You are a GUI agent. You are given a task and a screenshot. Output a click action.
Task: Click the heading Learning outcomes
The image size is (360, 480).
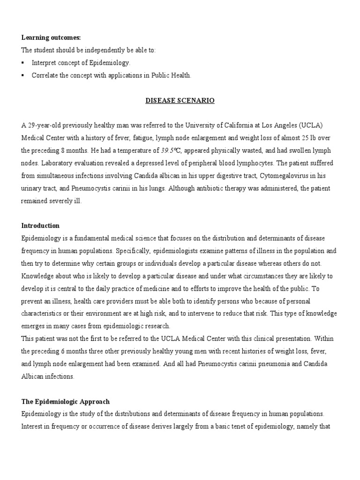coord(44,37)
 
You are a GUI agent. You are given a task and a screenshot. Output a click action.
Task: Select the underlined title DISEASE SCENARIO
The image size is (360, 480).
coord(180,100)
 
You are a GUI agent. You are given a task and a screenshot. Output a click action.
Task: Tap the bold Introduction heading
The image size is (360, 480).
coord(40,225)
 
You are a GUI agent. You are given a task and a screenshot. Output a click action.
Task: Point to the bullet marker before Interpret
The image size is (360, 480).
coord(23,62)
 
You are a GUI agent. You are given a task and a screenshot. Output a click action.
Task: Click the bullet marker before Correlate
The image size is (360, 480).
coord(23,75)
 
